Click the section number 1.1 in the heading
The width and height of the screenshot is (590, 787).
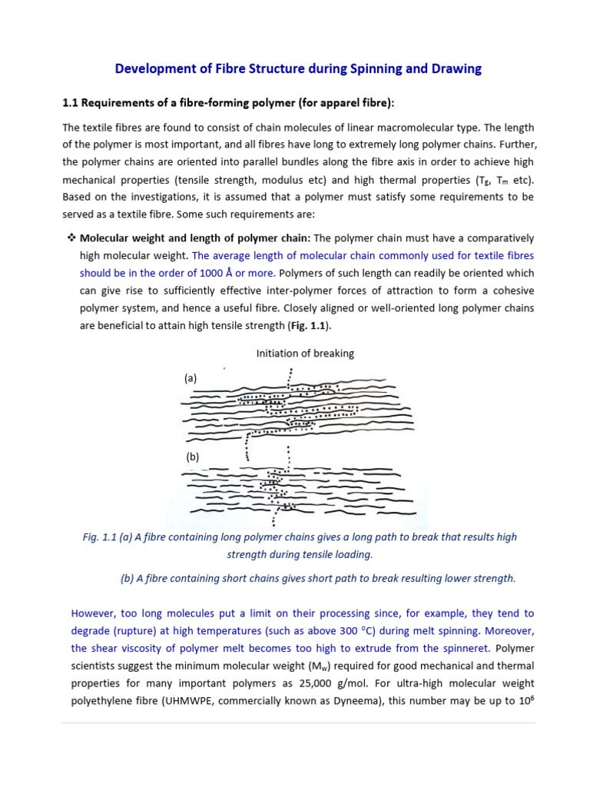click(71, 103)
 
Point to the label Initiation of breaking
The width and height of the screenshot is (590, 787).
click(305, 354)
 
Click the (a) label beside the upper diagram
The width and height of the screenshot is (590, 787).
click(191, 378)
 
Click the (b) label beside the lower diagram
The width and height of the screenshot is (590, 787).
click(191, 457)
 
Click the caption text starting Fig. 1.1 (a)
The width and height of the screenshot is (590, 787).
click(300, 538)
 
